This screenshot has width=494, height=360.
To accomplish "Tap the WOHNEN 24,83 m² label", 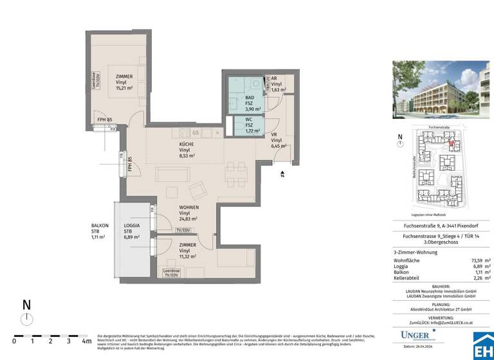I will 189,213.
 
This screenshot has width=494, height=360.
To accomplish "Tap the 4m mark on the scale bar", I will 86,341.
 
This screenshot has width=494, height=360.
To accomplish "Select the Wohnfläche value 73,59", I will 473,259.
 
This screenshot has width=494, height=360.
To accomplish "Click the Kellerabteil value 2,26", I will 474,278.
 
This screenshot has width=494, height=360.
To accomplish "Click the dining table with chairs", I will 235,171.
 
